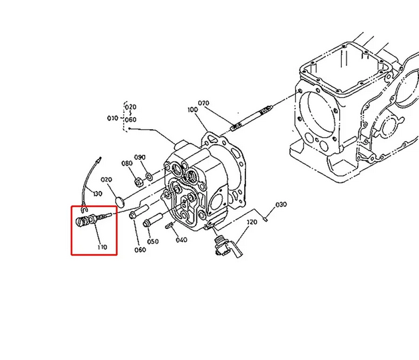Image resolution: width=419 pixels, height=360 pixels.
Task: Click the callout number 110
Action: click(x=102, y=247)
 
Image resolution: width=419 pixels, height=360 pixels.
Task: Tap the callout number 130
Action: click(x=98, y=194)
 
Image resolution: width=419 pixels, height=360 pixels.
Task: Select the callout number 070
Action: click(x=204, y=103)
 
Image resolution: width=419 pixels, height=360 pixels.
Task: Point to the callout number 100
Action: click(x=193, y=110)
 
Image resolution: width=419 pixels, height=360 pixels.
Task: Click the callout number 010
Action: click(x=112, y=118)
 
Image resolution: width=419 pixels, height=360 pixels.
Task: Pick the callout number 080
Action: click(x=127, y=163)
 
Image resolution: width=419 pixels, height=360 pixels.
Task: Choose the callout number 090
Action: click(x=140, y=157)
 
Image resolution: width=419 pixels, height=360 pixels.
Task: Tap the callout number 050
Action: click(x=153, y=242)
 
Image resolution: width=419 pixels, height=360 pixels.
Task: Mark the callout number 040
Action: click(x=182, y=240)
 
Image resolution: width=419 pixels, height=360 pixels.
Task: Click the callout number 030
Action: click(x=281, y=204)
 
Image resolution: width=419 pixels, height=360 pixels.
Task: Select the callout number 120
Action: click(x=252, y=222)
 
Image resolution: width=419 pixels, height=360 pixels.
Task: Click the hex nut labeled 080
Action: click(x=138, y=183)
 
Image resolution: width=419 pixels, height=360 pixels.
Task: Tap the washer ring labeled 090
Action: click(x=148, y=176)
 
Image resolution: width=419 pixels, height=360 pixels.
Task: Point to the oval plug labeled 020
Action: click(x=120, y=202)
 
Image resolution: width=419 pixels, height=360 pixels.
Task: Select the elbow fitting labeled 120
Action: click(x=227, y=246)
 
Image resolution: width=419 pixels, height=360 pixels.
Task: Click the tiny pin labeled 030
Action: click(x=265, y=219)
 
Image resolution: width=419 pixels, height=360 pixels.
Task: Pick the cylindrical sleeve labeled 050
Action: click(x=154, y=220)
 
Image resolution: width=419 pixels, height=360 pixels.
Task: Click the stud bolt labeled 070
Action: click(x=251, y=118)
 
